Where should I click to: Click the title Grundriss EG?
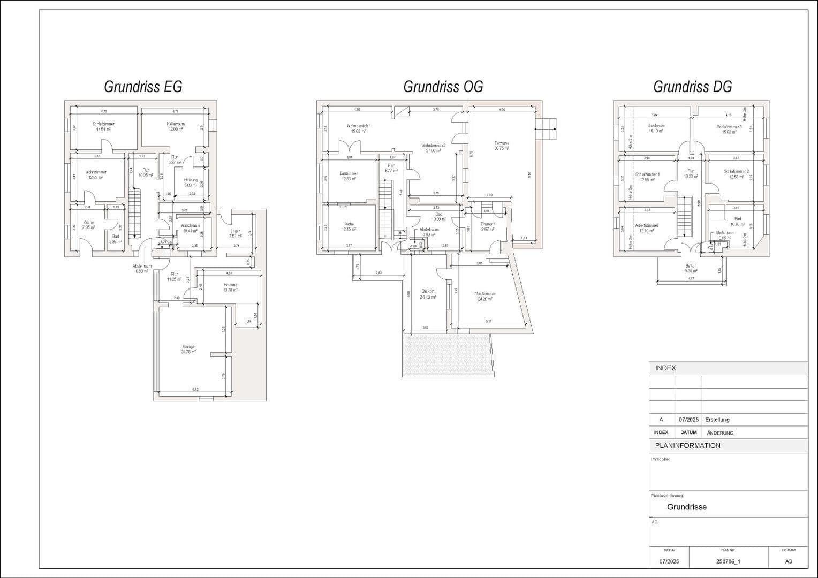point(143,87)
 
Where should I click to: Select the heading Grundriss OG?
point(443,87)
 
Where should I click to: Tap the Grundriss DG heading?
point(692,87)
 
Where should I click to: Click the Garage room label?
point(188,347)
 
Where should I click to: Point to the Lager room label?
point(235,231)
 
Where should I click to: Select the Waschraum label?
point(190,226)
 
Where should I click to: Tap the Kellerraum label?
point(176,124)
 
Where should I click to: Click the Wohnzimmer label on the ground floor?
point(96,172)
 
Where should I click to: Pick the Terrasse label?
point(502,143)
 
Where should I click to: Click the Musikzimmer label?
point(485,293)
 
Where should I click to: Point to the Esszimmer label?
point(349,173)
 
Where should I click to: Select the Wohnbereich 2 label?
point(433,146)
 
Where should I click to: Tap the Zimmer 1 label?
point(488,224)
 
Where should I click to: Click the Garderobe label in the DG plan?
point(656,126)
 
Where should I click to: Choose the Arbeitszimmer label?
point(647,225)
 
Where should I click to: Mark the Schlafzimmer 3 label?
point(729,127)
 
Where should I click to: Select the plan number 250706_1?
point(728,561)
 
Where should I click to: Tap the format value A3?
point(788,561)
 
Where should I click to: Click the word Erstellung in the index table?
point(717,420)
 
